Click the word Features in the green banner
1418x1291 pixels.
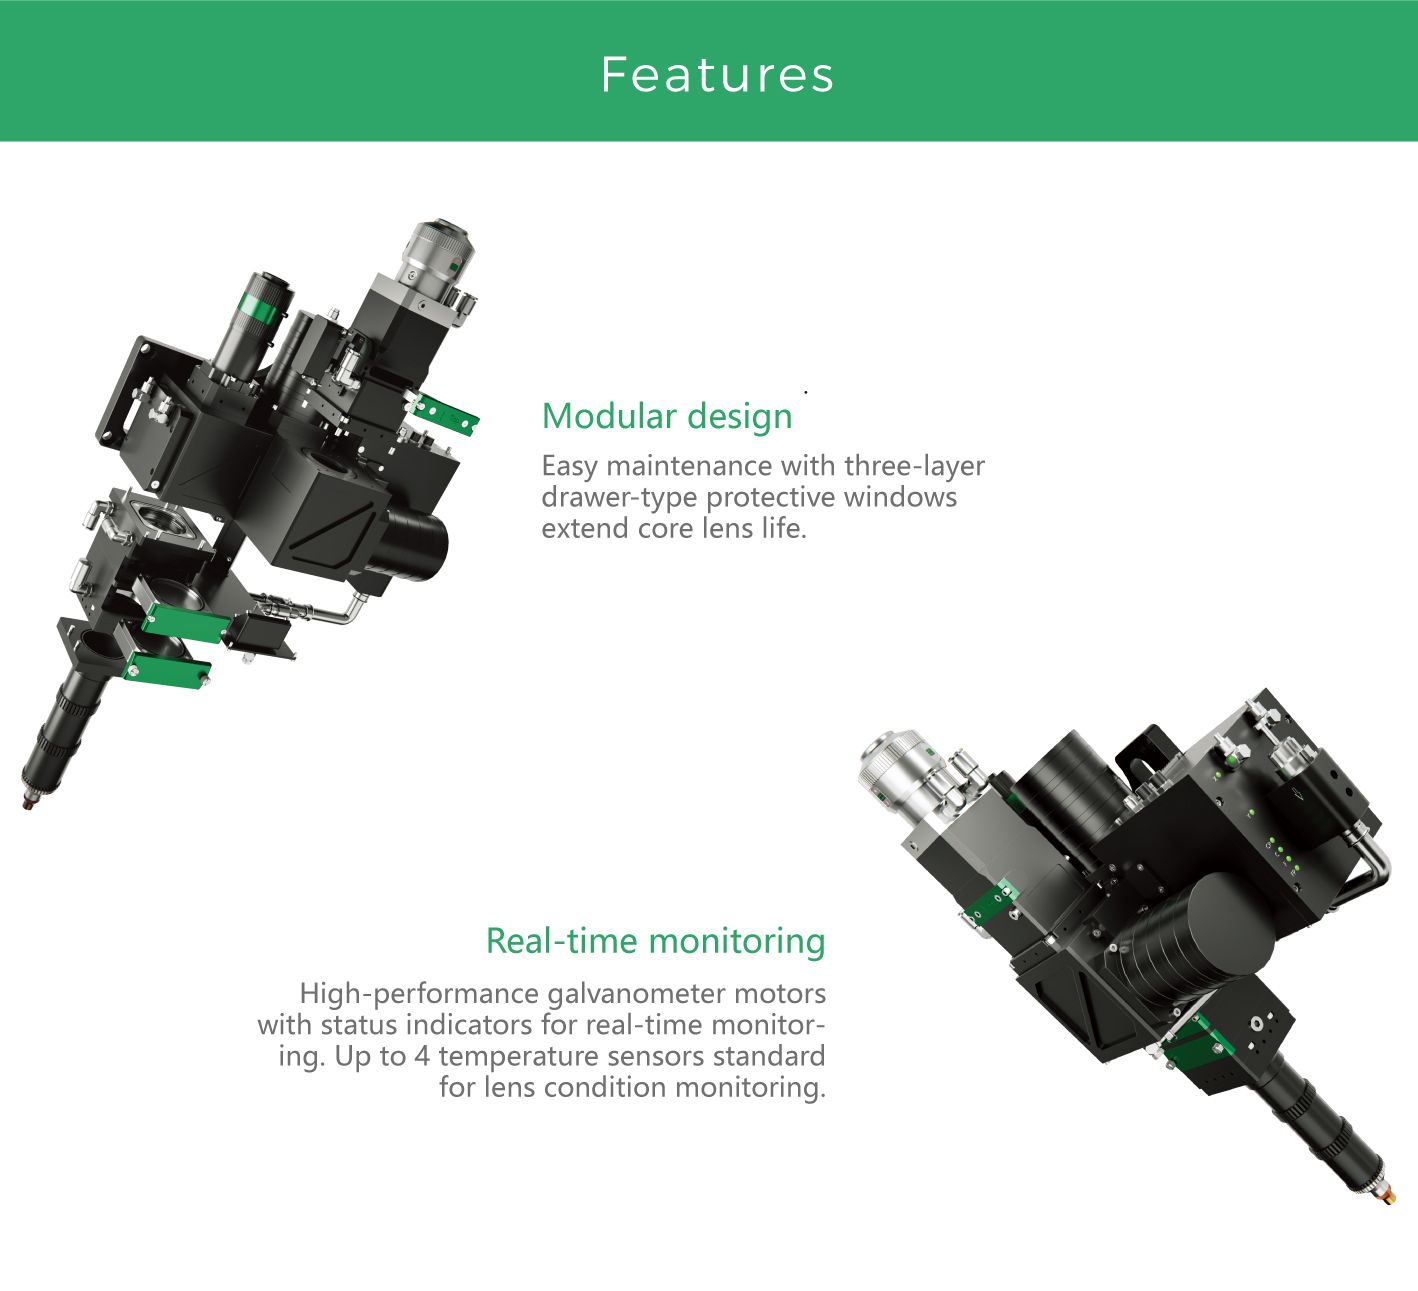coord(717,74)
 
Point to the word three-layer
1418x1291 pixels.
coord(914,467)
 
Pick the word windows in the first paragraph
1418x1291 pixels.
coord(900,497)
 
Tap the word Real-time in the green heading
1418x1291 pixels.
coord(561,941)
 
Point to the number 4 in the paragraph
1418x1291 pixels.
coord(422,1056)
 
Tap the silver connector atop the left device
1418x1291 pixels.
coord(437,258)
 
